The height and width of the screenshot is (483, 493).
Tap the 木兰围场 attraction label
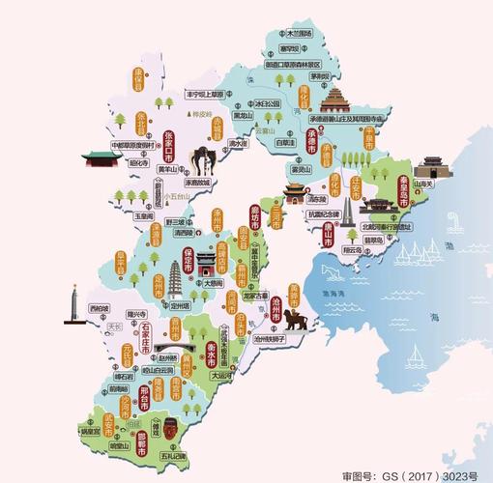click(x=302, y=33)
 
